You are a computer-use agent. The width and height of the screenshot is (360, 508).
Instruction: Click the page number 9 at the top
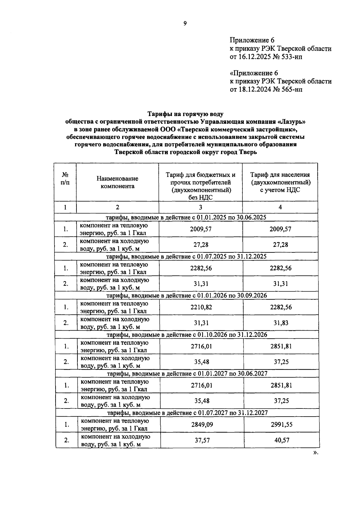click(185, 23)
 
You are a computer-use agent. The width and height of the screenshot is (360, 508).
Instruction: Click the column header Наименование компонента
click(117, 182)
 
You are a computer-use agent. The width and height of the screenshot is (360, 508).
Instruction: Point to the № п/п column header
click(65, 178)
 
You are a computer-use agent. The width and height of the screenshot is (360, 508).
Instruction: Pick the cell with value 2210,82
click(201, 307)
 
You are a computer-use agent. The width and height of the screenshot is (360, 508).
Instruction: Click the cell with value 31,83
click(281, 323)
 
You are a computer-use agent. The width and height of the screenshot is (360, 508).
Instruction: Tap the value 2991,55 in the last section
click(281, 425)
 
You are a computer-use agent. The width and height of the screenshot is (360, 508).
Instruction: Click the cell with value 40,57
click(281, 440)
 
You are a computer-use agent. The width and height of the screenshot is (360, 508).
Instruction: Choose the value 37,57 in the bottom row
click(202, 440)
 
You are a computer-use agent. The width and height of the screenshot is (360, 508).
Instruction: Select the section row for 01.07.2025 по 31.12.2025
click(186, 257)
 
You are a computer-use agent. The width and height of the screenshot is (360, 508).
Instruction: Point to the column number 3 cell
click(200, 207)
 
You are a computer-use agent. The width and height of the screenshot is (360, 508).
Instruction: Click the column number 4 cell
click(280, 207)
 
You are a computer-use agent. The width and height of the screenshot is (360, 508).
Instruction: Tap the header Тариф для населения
click(280, 175)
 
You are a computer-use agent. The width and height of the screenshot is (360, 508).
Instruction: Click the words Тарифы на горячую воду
click(185, 114)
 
